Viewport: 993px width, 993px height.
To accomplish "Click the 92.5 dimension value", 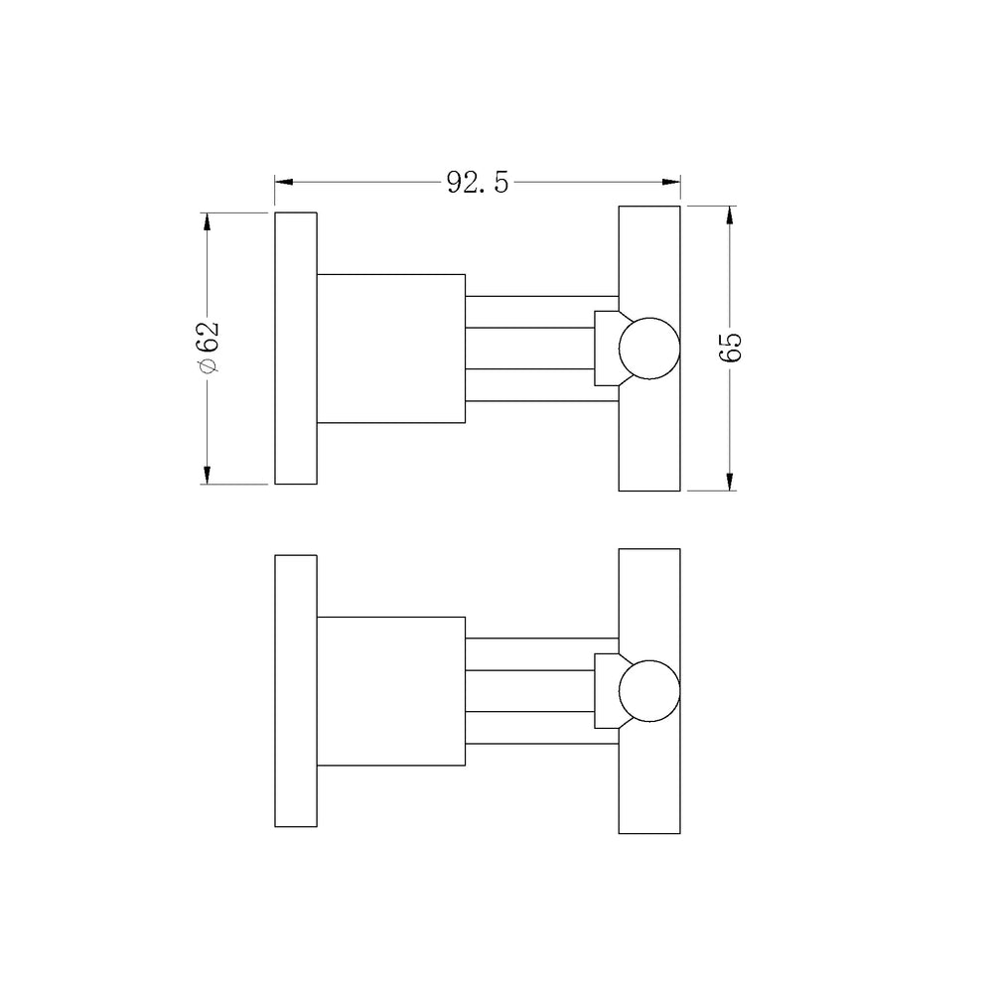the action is pos(478,183).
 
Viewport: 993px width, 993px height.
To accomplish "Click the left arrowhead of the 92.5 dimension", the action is pos(284,183).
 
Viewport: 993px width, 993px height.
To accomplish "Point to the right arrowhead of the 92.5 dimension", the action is pos(670,183).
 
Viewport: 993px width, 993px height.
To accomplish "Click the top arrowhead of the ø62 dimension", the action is pos(208,222).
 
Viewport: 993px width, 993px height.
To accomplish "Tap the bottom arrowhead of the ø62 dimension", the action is pos(208,475).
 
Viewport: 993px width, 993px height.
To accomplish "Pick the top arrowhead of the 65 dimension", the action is pos(730,215).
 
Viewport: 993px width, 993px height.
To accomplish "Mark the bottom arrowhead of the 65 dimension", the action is pos(730,482).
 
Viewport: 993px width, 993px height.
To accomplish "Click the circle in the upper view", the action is pos(649,318).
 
